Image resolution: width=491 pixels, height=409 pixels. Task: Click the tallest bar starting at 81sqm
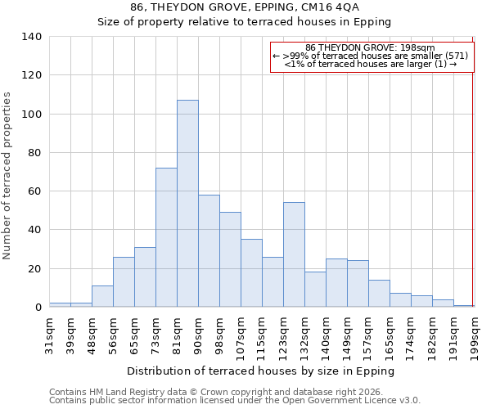tap(187, 204)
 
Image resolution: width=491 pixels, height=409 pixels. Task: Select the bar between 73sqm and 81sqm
tap(166, 237)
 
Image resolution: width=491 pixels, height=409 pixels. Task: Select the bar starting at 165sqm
tap(400, 300)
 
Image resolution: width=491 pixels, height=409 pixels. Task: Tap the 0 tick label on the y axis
tap(38, 308)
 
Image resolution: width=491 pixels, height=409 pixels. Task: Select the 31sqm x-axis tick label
tap(50, 335)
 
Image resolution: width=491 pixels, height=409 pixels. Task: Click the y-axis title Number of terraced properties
tap(8, 176)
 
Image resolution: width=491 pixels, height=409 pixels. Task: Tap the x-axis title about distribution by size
tap(261, 371)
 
